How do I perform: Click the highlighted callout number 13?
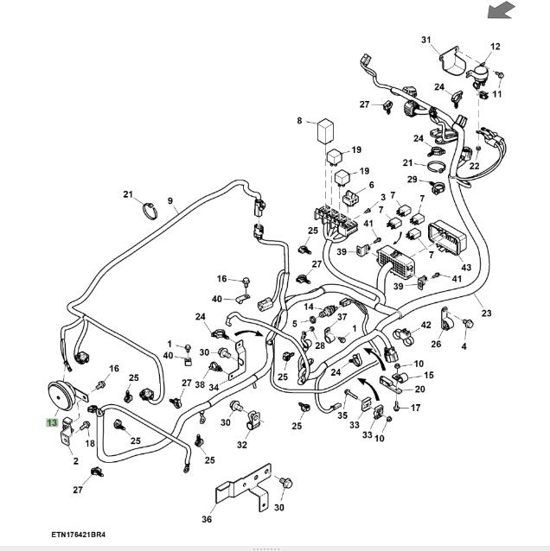[52, 422]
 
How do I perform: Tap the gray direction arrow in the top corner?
[502, 10]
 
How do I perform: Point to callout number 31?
[425, 41]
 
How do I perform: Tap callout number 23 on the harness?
[486, 313]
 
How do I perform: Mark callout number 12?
[496, 46]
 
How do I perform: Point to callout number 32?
[242, 446]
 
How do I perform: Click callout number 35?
[342, 415]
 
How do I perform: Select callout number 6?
[371, 185]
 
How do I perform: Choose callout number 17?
[415, 408]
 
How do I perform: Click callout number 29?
[412, 180]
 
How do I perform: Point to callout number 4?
[464, 347]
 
